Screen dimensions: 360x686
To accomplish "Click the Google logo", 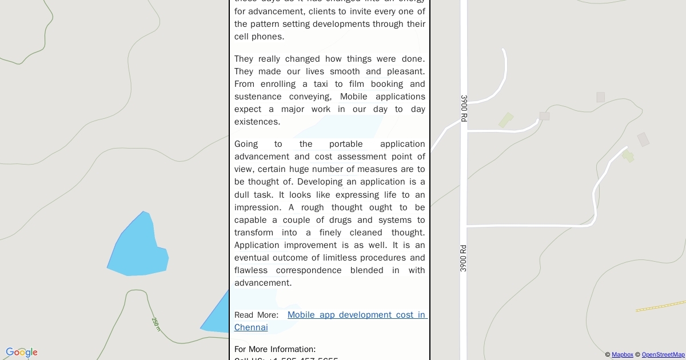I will [x=22, y=353].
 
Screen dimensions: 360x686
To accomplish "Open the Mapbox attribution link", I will [x=622, y=355].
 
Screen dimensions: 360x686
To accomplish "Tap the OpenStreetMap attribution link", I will [x=663, y=355].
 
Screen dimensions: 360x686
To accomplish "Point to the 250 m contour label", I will [x=156, y=324].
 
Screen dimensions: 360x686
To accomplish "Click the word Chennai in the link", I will [x=251, y=327].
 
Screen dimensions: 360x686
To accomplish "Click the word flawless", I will [x=251, y=270].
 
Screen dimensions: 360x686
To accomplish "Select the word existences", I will [x=257, y=122].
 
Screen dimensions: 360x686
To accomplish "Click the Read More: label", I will [x=256, y=315].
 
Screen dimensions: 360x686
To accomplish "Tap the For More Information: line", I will [x=275, y=349].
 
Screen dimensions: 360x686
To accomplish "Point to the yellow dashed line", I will [x=661, y=306].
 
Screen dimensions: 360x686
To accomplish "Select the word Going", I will [x=246, y=144].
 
